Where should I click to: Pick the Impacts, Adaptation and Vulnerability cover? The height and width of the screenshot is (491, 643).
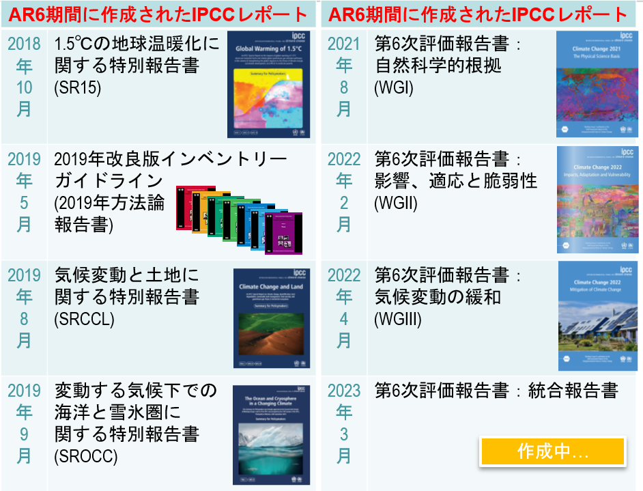pos(597,200)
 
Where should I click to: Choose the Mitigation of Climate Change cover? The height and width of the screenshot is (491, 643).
pos(597,315)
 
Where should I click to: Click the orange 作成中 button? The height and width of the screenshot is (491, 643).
pos(552,451)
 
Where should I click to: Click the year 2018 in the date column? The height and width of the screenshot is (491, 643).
pos(24,44)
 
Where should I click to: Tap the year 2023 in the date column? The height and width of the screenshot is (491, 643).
pos(344,391)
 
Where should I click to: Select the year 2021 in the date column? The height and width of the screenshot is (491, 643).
pos(344,44)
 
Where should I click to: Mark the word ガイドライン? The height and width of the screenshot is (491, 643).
pos(108,181)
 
